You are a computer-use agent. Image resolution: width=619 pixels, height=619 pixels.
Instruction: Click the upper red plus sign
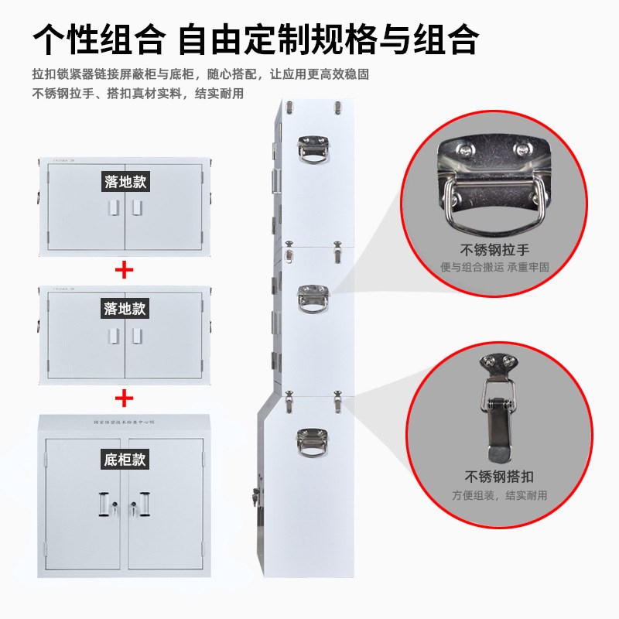click(x=124, y=269)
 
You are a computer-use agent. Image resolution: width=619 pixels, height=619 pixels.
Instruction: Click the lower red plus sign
click(x=124, y=398)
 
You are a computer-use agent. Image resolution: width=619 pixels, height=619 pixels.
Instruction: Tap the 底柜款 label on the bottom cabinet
click(x=125, y=460)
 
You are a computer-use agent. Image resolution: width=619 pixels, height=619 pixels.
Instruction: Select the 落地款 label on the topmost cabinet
click(x=125, y=182)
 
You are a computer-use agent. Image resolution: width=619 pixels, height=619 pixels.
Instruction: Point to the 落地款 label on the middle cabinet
click(x=125, y=309)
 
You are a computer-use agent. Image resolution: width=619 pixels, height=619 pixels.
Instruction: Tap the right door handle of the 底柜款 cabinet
click(x=144, y=504)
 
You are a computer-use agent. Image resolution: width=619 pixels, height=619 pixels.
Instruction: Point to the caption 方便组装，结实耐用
click(x=499, y=495)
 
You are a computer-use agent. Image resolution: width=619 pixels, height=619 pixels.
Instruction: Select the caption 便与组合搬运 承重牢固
click(x=494, y=267)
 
